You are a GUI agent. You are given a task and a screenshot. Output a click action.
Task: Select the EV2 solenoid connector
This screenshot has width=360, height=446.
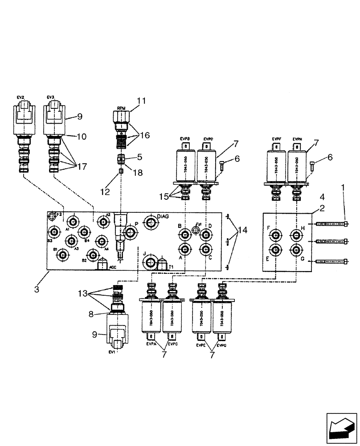tap(23, 116)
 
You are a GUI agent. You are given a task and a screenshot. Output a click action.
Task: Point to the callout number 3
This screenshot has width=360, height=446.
tap(37, 289)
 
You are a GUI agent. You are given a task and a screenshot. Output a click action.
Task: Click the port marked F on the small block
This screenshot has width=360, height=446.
tap(276, 235)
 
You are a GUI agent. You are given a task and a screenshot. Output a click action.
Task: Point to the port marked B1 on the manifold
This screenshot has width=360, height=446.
tap(63, 254)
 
